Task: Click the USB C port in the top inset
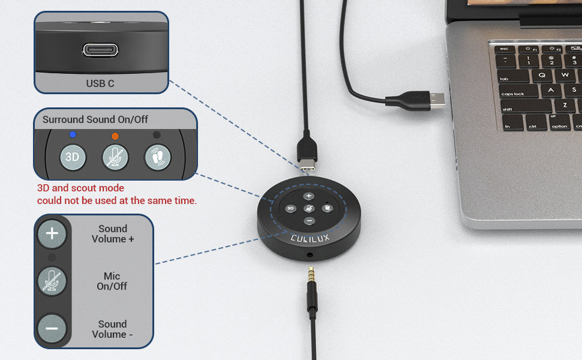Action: point(100,50)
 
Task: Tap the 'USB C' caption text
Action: point(100,83)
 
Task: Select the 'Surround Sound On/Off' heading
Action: point(95,119)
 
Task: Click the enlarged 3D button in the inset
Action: point(73,157)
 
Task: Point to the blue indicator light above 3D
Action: point(73,134)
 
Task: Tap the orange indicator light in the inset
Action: point(115,136)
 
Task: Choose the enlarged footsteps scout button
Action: point(157,157)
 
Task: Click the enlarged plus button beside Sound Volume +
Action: point(52,233)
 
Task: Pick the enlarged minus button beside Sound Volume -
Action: point(52,328)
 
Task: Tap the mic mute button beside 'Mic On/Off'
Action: point(52,281)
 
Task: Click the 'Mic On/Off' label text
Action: point(112,281)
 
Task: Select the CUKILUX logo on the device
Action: point(310,238)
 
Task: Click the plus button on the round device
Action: point(309,196)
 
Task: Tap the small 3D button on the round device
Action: point(290,209)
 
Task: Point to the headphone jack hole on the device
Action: point(310,255)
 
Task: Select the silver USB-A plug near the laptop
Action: point(437,100)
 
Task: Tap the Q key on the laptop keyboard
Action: point(542,74)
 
